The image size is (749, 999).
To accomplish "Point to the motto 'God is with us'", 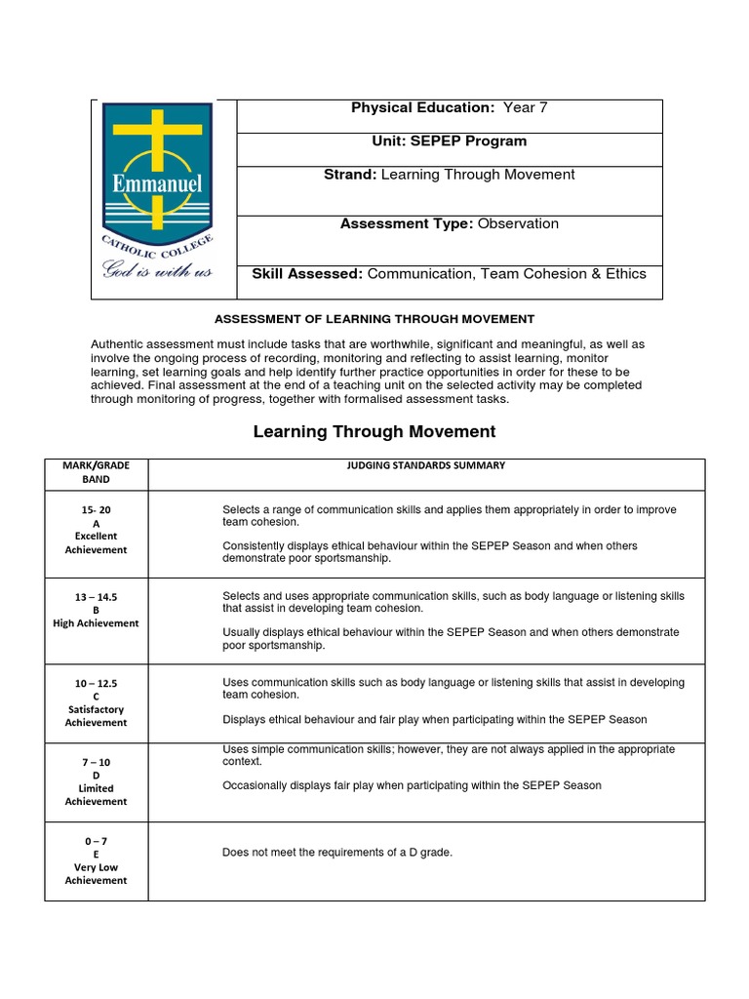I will (x=157, y=270).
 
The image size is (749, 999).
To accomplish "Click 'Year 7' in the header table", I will (x=525, y=108).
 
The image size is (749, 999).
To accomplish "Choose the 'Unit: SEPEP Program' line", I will (x=449, y=141).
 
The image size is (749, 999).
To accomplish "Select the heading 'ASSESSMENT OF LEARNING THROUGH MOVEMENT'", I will (x=374, y=319).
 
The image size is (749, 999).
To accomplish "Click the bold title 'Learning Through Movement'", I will (x=374, y=431).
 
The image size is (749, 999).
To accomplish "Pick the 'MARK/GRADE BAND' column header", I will (x=96, y=472).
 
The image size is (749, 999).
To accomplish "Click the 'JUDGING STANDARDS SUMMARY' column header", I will (x=426, y=466).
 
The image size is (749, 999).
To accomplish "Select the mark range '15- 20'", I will (x=96, y=509).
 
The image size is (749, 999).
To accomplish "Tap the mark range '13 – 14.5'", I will (x=96, y=596).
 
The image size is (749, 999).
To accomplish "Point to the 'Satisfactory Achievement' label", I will (x=96, y=716).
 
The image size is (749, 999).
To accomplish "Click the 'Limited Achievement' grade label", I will (x=96, y=795).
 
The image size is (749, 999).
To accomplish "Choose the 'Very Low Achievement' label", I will (x=96, y=873).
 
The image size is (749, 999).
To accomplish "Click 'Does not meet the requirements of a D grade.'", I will (x=337, y=853).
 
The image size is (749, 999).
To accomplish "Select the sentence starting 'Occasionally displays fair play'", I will (x=412, y=785).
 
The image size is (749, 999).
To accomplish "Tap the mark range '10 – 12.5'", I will (x=96, y=683).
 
